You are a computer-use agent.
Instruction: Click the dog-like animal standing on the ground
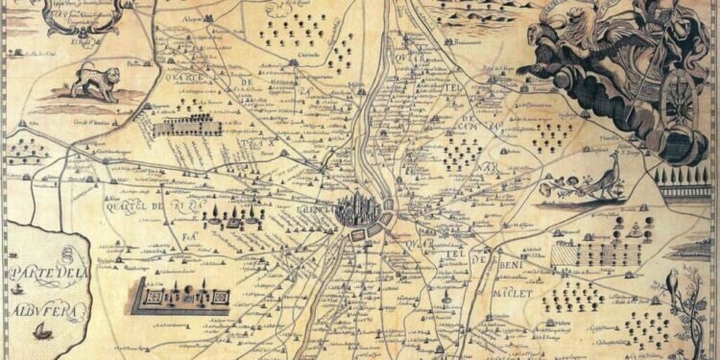[95, 84]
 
